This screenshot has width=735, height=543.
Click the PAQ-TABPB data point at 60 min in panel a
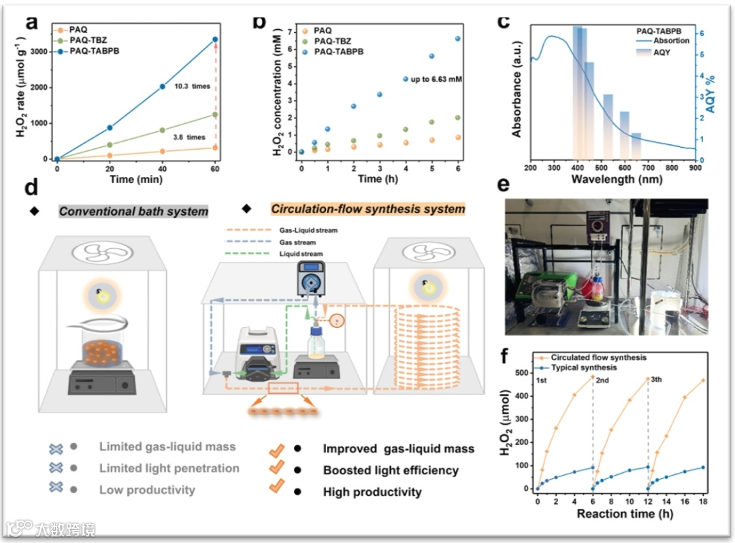[215, 39]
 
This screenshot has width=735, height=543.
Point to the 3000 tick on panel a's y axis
[40, 52]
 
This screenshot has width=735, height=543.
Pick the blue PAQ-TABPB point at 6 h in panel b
[458, 39]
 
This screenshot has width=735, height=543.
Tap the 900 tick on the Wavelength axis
[693, 167]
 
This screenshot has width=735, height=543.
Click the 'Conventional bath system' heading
[133, 211]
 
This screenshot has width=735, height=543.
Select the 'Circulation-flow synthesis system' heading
[367, 209]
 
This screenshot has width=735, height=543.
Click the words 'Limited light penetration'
[169, 468]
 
